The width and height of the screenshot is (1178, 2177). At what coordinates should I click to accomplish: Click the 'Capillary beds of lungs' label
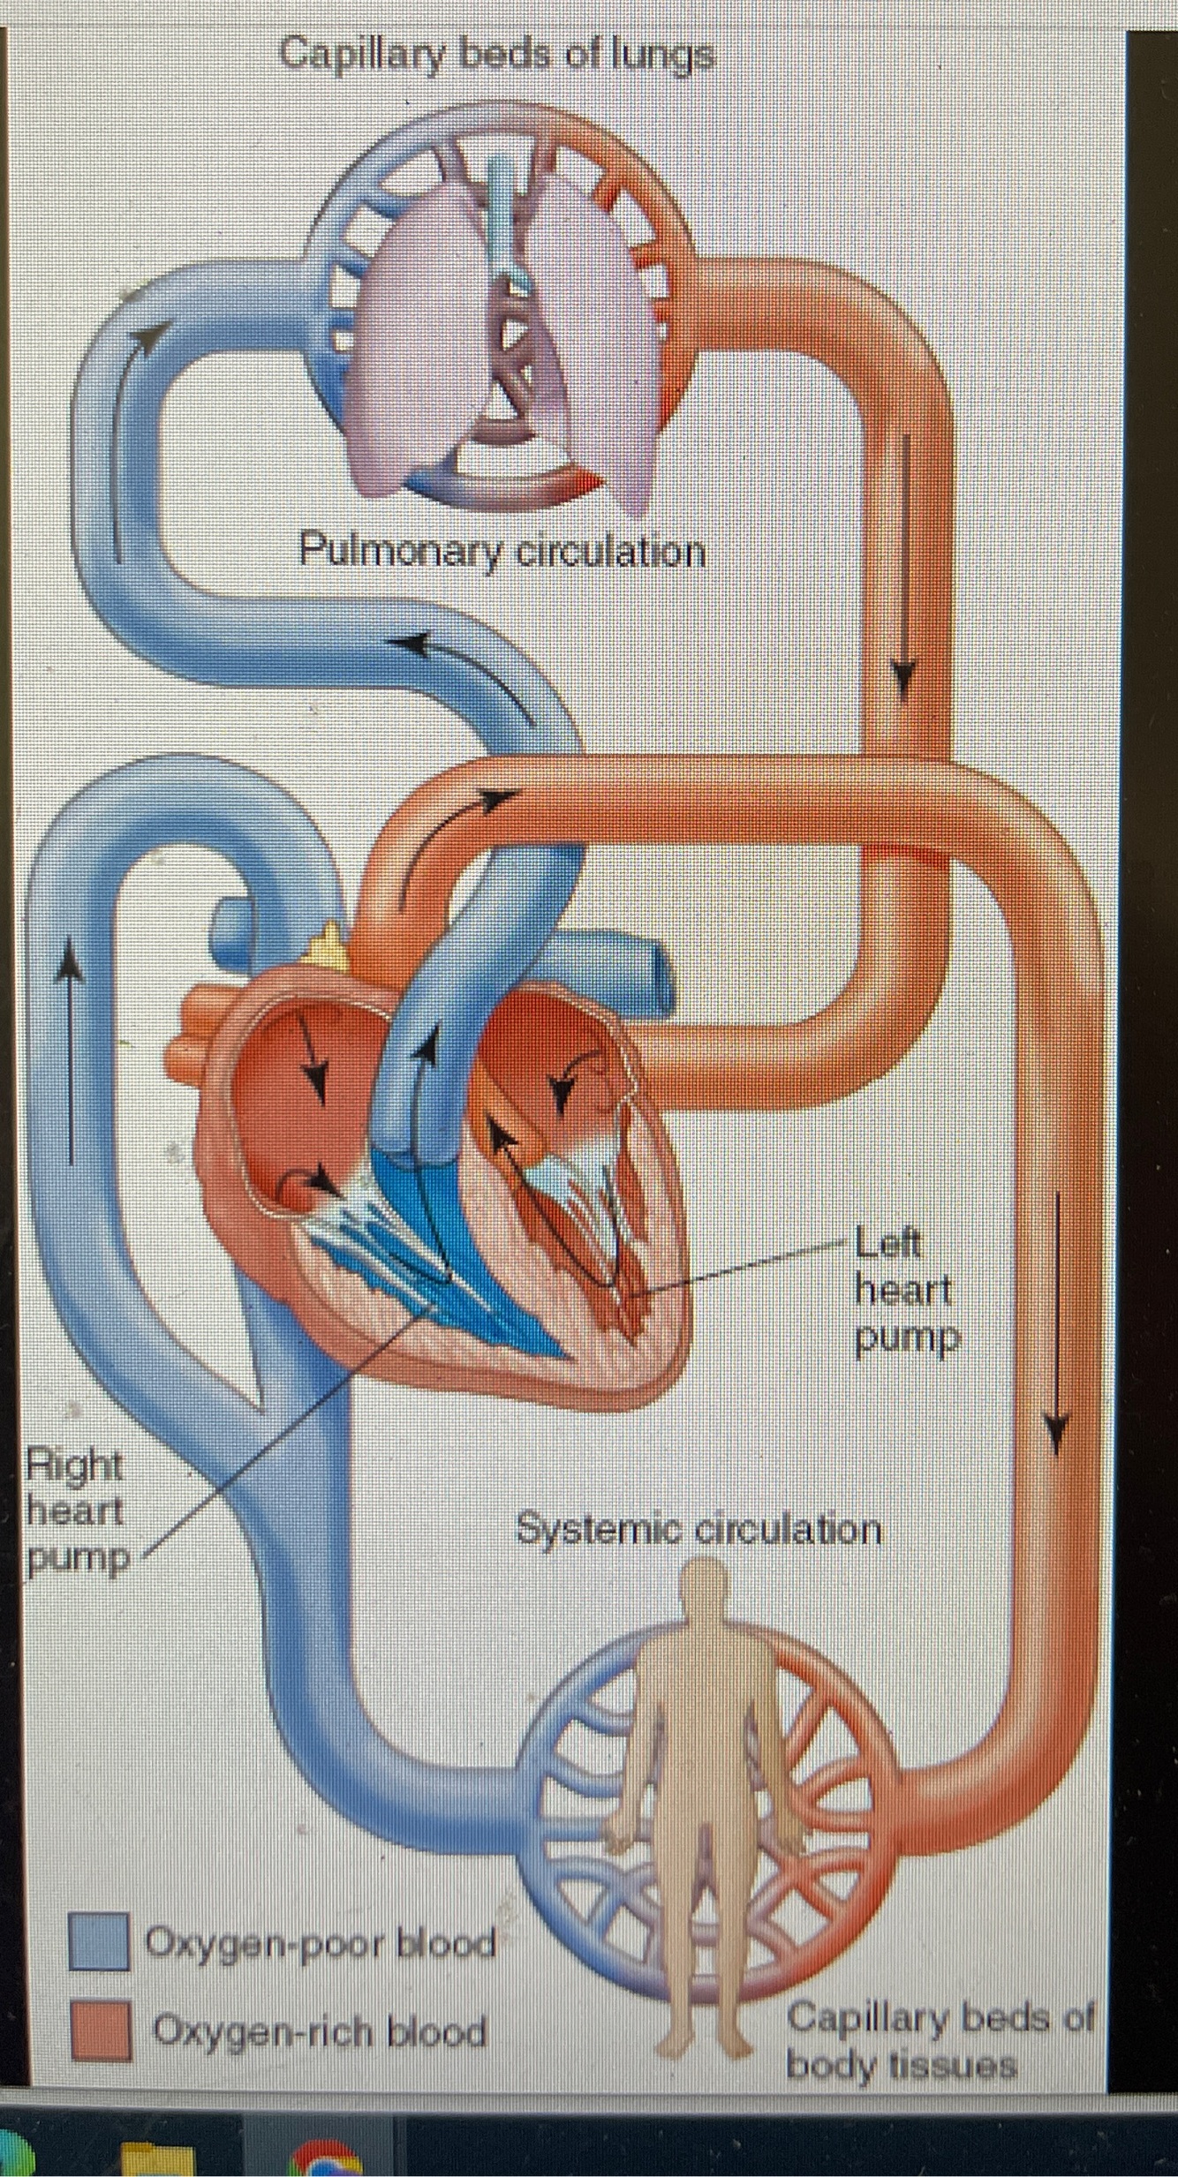click(497, 55)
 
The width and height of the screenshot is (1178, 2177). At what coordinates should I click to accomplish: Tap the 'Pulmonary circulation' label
click(502, 553)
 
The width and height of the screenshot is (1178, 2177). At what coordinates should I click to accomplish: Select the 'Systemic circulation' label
click(698, 1528)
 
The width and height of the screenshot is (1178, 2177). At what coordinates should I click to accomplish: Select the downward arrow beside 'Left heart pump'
click(1056, 1324)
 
